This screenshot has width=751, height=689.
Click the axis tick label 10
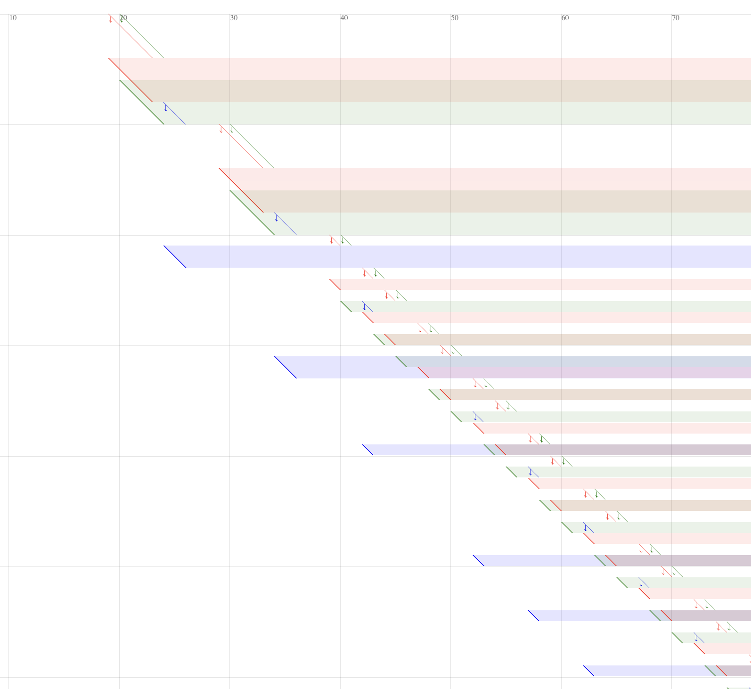[x=13, y=18]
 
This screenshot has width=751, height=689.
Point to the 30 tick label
[x=234, y=18]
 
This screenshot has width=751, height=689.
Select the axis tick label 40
[x=344, y=18]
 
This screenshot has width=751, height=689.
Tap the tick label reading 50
[x=454, y=18]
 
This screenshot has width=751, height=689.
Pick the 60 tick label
[x=565, y=18]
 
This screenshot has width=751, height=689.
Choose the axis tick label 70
[x=675, y=18]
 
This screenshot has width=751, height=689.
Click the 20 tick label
[x=123, y=18]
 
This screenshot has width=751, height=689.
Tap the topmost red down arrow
[x=110, y=19]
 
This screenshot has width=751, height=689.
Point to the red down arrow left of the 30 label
[x=221, y=130]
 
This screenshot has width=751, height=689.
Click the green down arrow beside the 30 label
[x=232, y=130]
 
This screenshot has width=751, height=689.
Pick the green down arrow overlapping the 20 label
[x=121, y=19]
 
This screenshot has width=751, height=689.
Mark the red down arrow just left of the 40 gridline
[x=331, y=240]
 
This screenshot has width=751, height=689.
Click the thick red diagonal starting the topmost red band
[x=131, y=80]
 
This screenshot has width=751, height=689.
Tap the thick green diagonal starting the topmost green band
[x=142, y=102]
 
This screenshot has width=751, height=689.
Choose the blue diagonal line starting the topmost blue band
[x=175, y=256]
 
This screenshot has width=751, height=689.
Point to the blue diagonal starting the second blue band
[x=286, y=367]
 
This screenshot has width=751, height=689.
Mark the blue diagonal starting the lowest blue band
[x=588, y=671]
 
